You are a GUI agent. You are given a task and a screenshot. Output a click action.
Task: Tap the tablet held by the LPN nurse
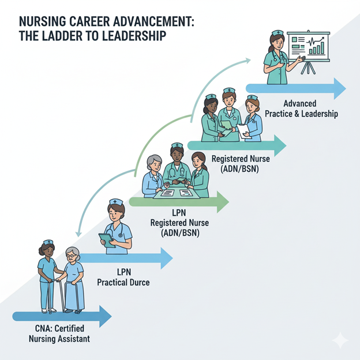107,239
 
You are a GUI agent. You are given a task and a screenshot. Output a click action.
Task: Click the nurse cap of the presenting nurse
277,33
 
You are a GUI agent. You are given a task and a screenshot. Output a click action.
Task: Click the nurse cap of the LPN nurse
117,202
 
